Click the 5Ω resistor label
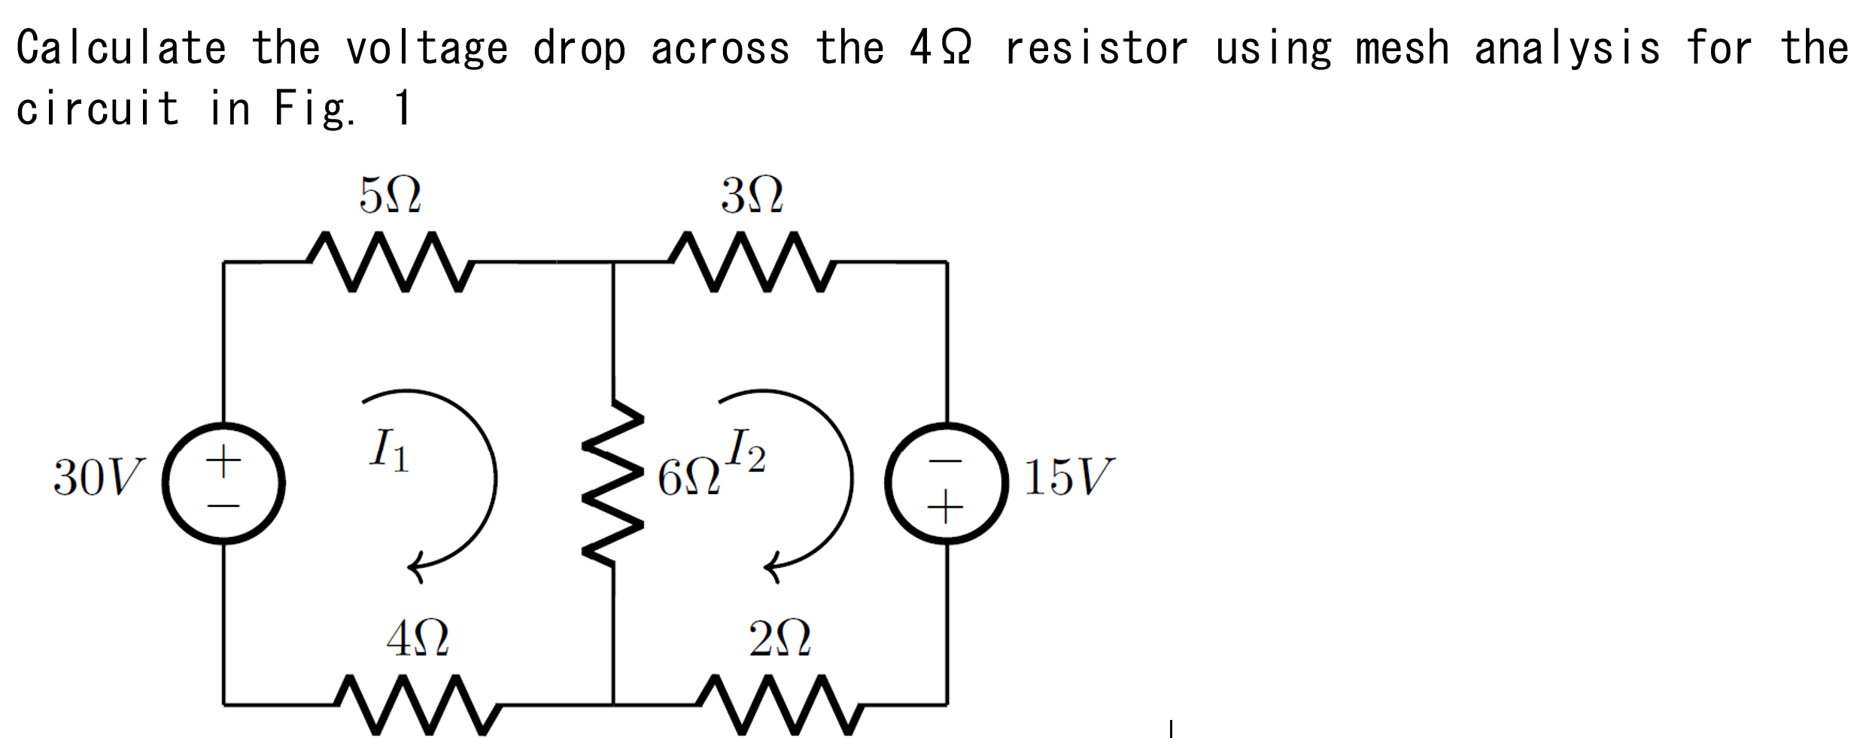click(x=390, y=196)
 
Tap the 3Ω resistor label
click(x=752, y=196)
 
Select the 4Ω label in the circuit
click(x=418, y=639)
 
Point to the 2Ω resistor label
click(x=780, y=639)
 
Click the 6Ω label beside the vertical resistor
click(x=688, y=478)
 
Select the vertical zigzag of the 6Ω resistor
click(x=613, y=481)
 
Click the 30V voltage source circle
click(x=223, y=482)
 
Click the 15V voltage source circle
click(x=947, y=482)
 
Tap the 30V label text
click(x=98, y=477)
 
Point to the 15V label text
click(x=1068, y=477)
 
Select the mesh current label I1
click(x=389, y=451)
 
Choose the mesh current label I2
click(x=746, y=451)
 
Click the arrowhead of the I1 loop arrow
click(x=415, y=568)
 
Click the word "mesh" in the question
click(x=1402, y=48)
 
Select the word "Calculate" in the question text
click(x=121, y=48)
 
